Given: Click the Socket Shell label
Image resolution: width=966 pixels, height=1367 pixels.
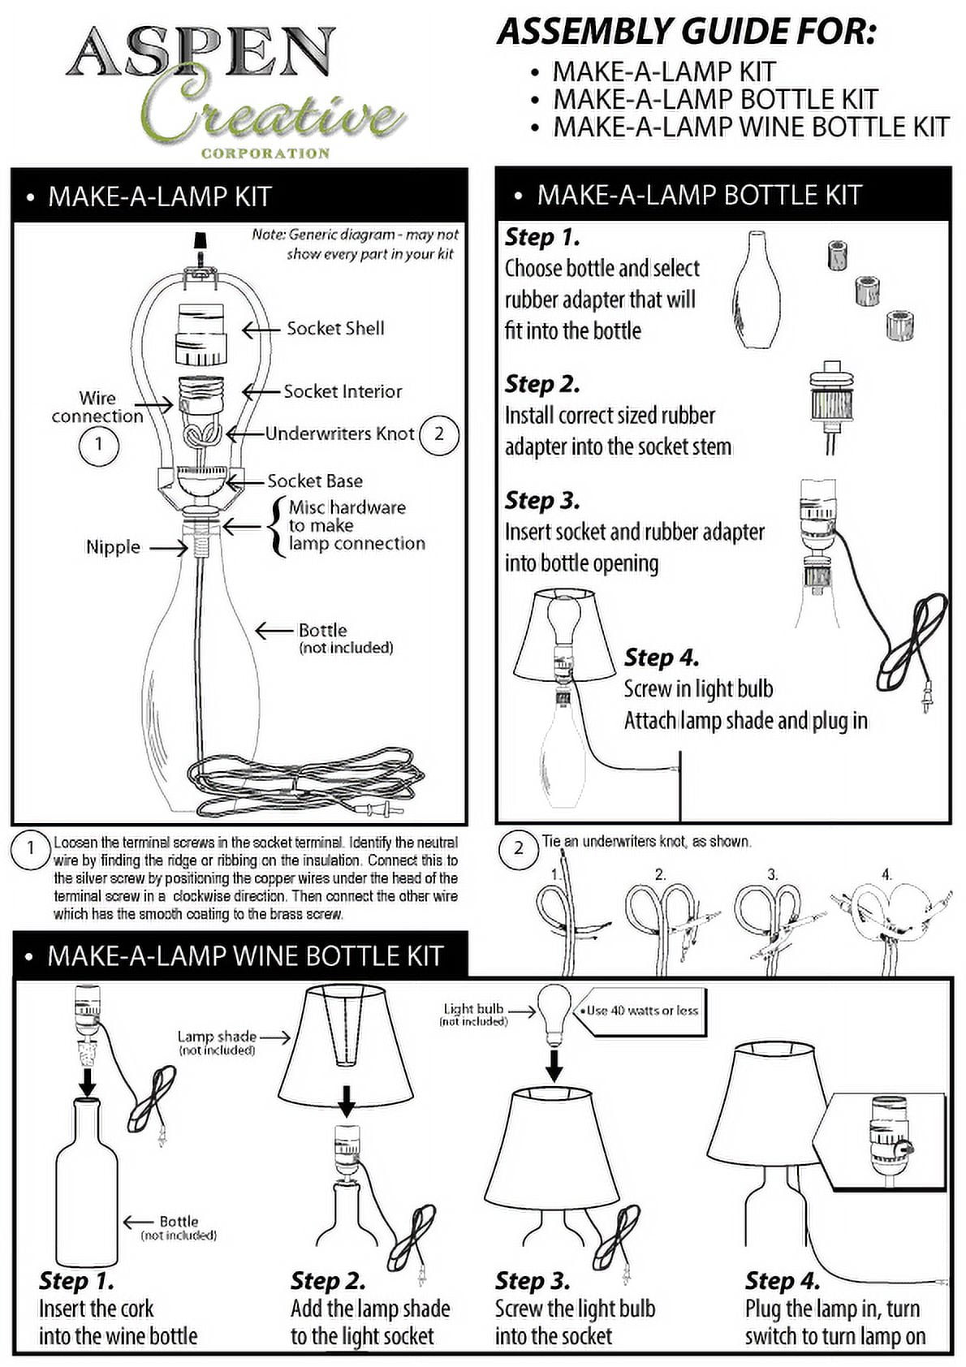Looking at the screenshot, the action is pyautogui.click(x=335, y=328).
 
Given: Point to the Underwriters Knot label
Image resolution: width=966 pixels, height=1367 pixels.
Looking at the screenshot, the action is pyautogui.click(x=340, y=433).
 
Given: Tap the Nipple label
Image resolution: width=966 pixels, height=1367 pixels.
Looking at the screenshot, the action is pyautogui.click(x=113, y=547).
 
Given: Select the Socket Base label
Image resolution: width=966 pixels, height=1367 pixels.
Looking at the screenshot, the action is pyautogui.click(x=315, y=481).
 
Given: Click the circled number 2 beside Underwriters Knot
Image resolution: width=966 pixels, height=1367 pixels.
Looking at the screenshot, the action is pyautogui.click(x=438, y=434).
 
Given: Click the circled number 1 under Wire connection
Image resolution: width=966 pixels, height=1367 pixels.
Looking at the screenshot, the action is pyautogui.click(x=98, y=444).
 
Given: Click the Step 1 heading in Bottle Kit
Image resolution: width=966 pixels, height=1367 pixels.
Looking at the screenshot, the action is pyautogui.click(x=542, y=237).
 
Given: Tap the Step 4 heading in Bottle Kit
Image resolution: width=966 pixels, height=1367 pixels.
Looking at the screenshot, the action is pyautogui.click(x=661, y=658).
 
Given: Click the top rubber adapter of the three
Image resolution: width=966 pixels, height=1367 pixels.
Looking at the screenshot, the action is pyautogui.click(x=839, y=255).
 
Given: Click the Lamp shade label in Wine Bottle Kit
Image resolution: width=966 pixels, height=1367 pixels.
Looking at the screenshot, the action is pyautogui.click(x=217, y=1037).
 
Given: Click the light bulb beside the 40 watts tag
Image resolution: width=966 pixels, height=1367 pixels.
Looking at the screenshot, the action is pyautogui.click(x=554, y=1015).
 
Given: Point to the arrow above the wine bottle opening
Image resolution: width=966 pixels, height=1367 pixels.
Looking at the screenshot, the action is pyautogui.click(x=88, y=1081).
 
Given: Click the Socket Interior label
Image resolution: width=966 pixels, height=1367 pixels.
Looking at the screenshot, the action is pyautogui.click(x=343, y=391).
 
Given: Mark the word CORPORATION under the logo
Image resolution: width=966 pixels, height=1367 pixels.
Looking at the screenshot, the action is pyautogui.click(x=265, y=153).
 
